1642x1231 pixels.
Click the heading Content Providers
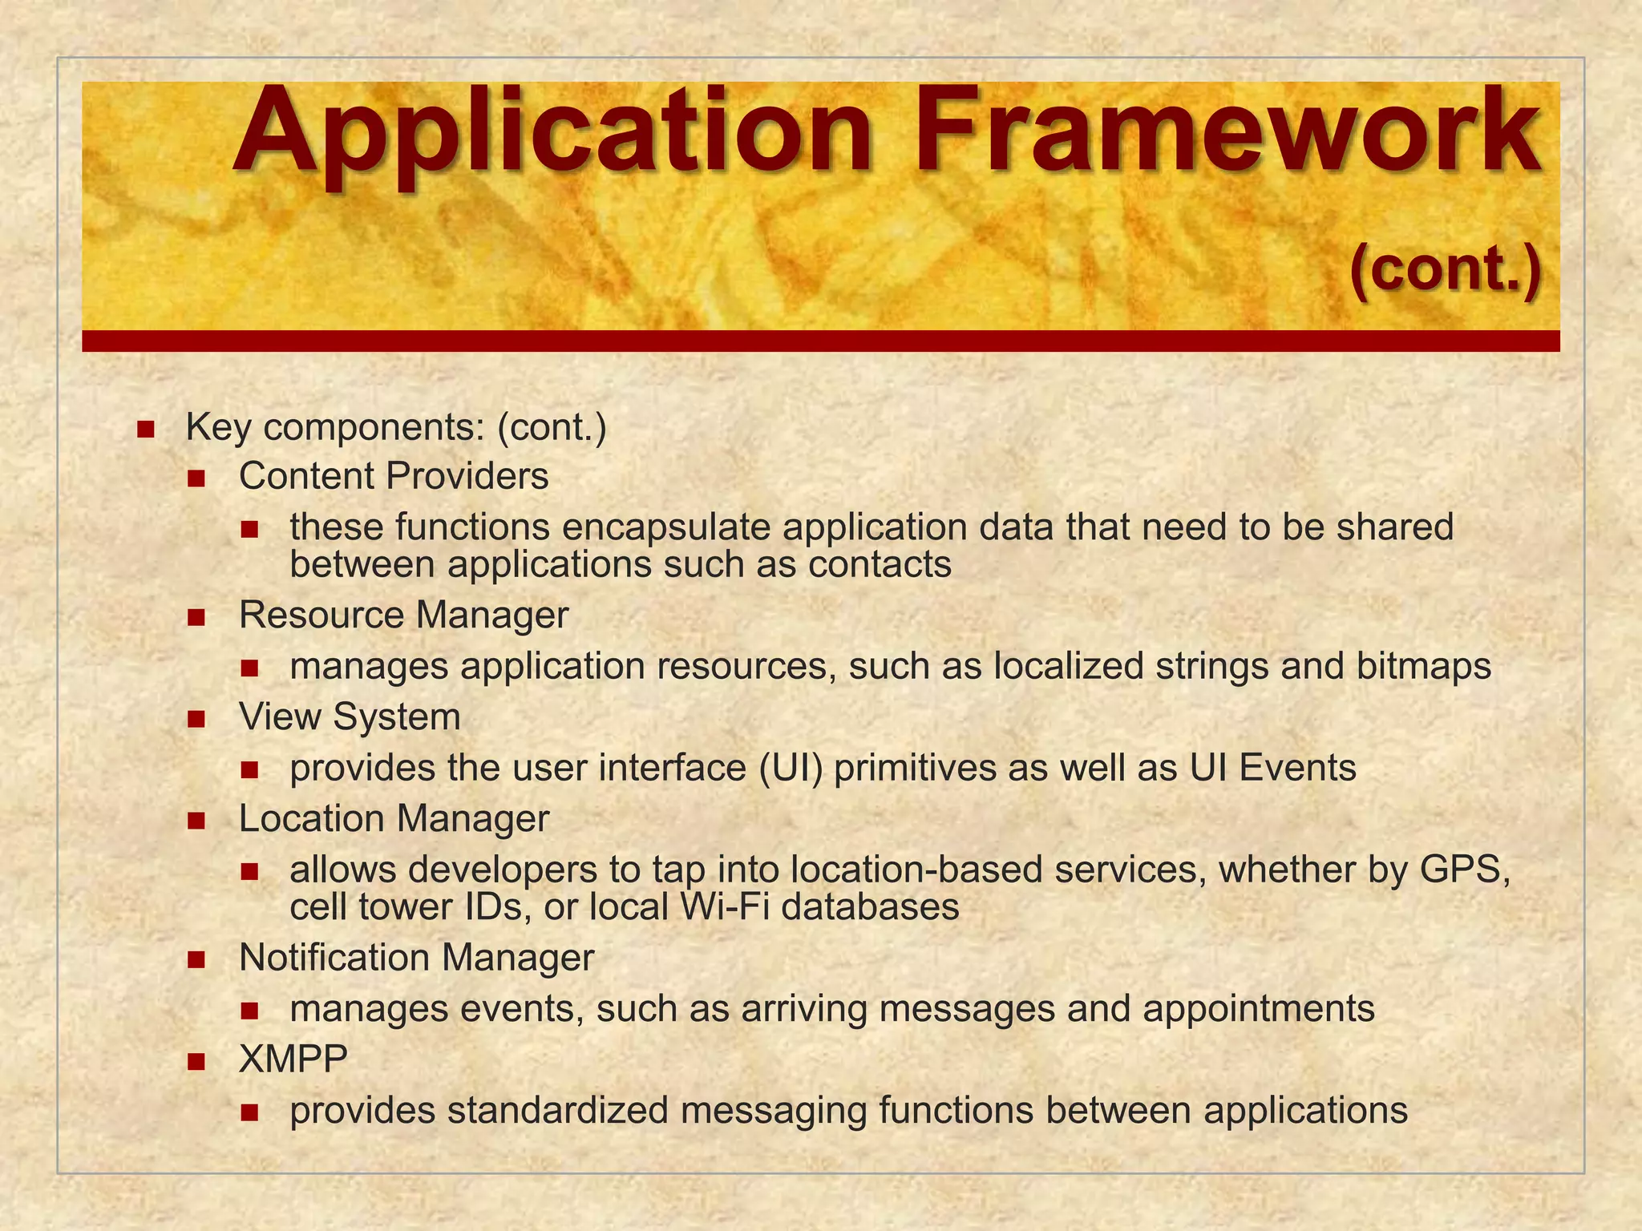point(393,476)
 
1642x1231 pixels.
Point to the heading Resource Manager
point(403,615)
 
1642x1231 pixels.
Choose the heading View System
point(350,716)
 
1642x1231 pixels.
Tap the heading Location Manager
point(394,818)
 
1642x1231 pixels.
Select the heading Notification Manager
point(416,958)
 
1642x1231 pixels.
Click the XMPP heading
point(293,1059)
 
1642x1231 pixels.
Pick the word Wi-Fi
point(724,907)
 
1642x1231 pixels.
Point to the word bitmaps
point(1424,666)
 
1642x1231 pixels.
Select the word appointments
point(1259,1008)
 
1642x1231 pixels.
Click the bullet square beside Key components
point(145,429)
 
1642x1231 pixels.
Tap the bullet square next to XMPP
point(196,1062)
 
